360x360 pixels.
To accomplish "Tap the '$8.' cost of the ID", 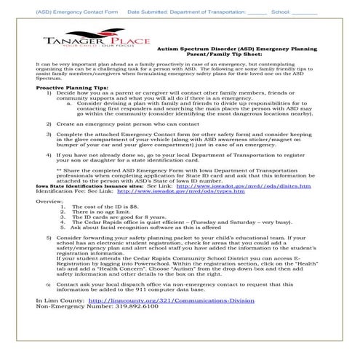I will pyautogui.click(x=124, y=206).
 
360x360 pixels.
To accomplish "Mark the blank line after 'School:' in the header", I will pyautogui.click(x=304, y=12).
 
